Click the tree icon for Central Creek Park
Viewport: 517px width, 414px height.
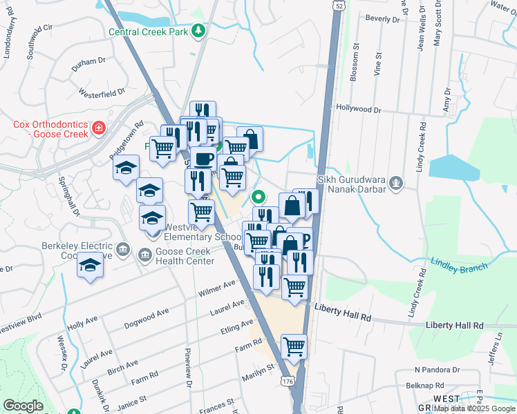click(199, 31)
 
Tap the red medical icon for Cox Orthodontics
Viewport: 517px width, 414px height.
click(99, 128)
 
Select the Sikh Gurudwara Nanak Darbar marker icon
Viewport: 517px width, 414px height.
click(396, 183)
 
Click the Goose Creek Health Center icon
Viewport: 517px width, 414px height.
click(146, 256)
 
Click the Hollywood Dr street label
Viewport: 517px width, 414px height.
click(358, 109)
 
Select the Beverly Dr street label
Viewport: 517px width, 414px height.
click(384, 17)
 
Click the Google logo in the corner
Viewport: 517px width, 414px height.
click(23, 406)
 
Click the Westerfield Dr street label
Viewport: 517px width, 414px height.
click(102, 90)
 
